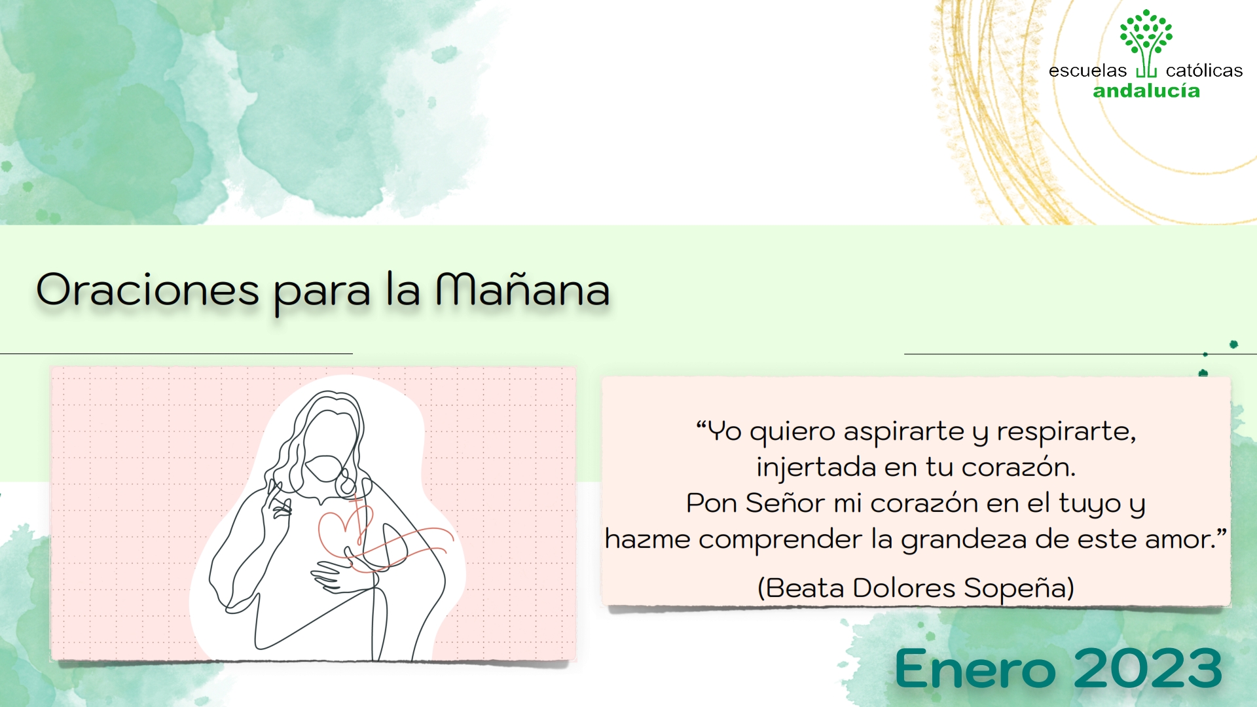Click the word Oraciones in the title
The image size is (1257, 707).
coord(148,290)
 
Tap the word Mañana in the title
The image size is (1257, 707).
coord(522,290)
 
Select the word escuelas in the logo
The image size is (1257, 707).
coord(1087,71)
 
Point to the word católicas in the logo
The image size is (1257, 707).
coord(1204,71)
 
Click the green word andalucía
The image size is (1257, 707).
coord(1146,91)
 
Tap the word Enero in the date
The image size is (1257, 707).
coord(975,669)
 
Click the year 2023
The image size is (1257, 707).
coord(1148,669)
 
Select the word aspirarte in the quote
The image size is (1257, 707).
coord(903,432)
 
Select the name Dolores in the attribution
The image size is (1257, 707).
coord(904,588)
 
